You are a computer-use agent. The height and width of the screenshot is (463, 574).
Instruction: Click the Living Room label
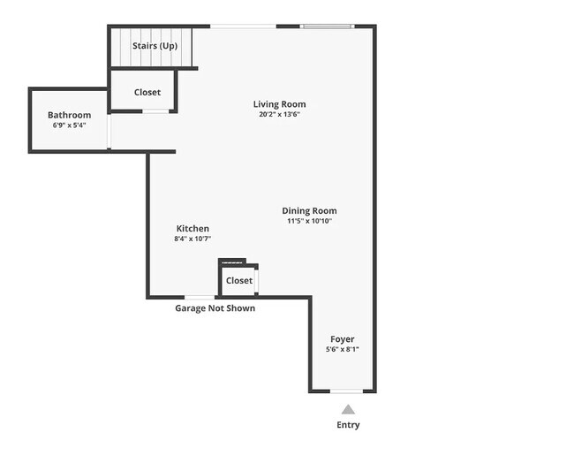(279, 104)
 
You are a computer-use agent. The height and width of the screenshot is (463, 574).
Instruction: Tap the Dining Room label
(309, 210)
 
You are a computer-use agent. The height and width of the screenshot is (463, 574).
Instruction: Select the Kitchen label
(193, 228)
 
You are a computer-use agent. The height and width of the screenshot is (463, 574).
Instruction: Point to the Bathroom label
(69, 115)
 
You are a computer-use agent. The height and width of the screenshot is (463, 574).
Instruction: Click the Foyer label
(343, 339)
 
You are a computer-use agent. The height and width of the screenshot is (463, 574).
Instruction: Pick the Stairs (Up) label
(155, 44)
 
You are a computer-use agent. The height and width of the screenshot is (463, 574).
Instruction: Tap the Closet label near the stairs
(147, 92)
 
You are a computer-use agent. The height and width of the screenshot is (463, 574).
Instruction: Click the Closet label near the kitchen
(239, 280)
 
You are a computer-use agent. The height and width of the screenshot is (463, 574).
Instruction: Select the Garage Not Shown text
(215, 308)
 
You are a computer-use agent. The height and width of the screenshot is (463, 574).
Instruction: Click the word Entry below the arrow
(348, 425)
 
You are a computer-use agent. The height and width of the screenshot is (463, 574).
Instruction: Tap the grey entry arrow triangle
(348, 409)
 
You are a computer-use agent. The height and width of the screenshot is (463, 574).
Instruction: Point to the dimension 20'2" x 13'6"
(279, 114)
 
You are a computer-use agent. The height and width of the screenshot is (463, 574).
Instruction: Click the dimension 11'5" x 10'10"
(309, 221)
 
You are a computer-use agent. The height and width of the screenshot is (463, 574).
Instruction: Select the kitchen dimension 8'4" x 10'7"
(193, 239)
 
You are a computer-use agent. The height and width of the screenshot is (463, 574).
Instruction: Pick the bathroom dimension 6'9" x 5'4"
(69, 125)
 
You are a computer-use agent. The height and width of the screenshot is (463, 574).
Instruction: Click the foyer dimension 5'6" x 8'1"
(343, 350)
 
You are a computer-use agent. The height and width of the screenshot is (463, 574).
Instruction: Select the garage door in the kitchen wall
(199, 297)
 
